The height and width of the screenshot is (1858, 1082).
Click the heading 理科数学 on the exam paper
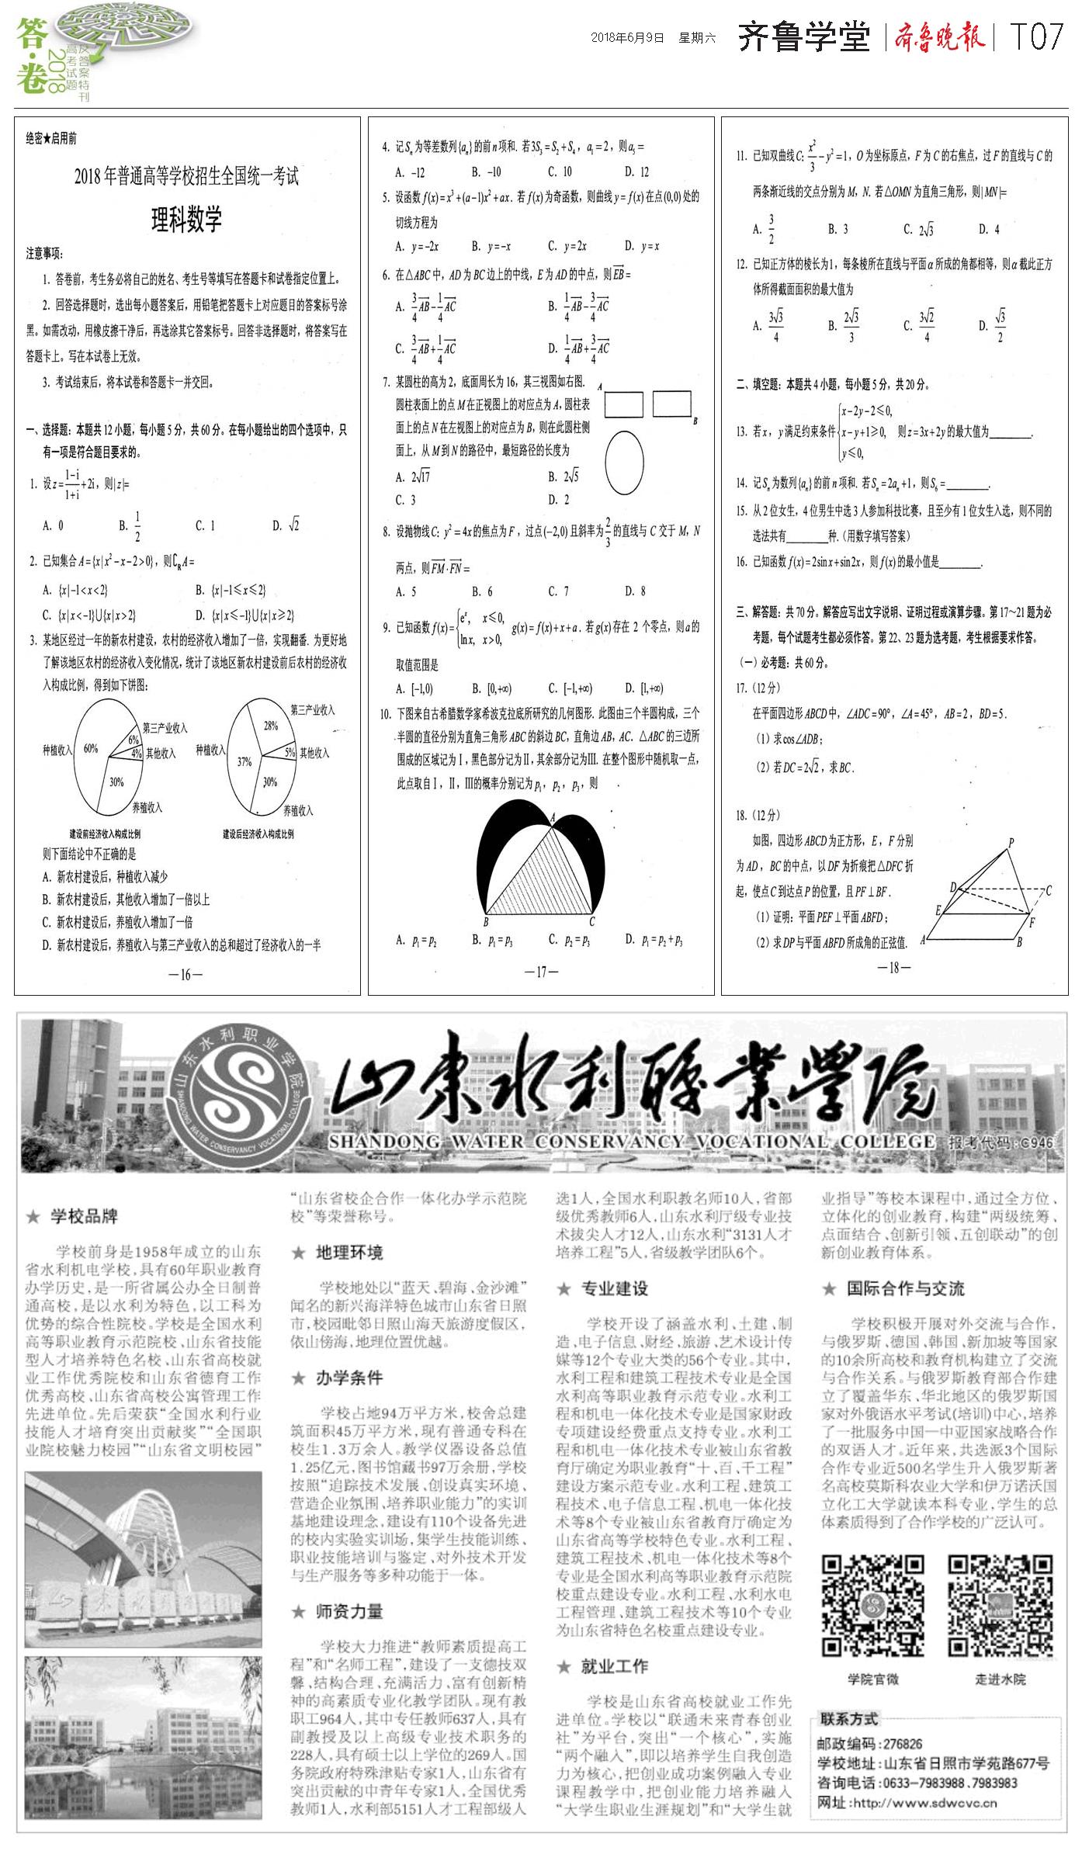(186, 220)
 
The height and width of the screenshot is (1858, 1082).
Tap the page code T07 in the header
(1036, 37)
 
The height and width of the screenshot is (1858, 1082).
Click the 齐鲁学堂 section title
(803, 37)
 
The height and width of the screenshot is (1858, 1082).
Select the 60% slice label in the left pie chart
(91, 749)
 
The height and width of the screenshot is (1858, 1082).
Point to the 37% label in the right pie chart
(244, 761)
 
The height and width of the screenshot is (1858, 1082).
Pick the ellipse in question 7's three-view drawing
(624, 463)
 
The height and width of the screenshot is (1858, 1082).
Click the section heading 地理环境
(349, 1253)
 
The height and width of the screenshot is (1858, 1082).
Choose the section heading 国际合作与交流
(905, 1289)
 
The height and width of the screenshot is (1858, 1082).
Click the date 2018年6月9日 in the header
(627, 37)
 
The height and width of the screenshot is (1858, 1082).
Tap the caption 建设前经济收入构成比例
(105, 834)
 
